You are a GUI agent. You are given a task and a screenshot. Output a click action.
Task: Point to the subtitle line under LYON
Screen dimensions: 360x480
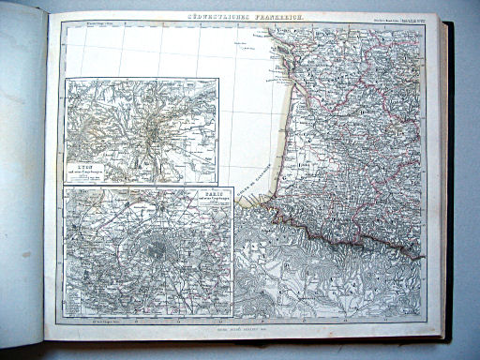tap(92, 167)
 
